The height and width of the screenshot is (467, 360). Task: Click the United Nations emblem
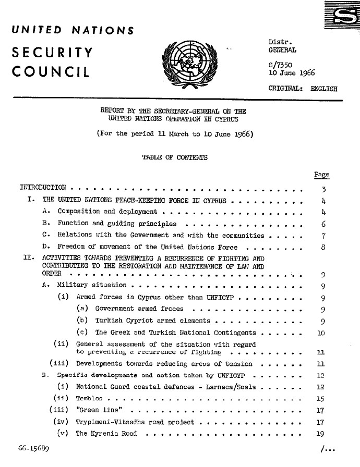186,67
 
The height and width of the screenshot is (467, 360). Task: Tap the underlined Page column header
322,175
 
